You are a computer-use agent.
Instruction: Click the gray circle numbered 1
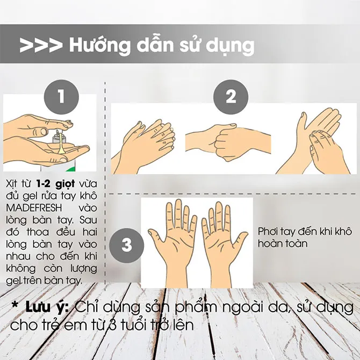[61, 97]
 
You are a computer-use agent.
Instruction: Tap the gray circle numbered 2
[231, 97]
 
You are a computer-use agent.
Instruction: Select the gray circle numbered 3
[126, 245]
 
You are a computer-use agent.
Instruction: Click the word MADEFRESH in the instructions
[34, 208]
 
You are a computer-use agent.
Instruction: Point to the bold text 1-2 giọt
[55, 184]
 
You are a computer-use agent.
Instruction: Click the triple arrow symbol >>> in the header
[41, 46]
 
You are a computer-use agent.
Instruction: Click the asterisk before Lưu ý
[15, 305]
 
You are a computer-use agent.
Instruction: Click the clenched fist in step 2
[227, 142]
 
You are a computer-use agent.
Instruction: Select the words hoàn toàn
[283, 243]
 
